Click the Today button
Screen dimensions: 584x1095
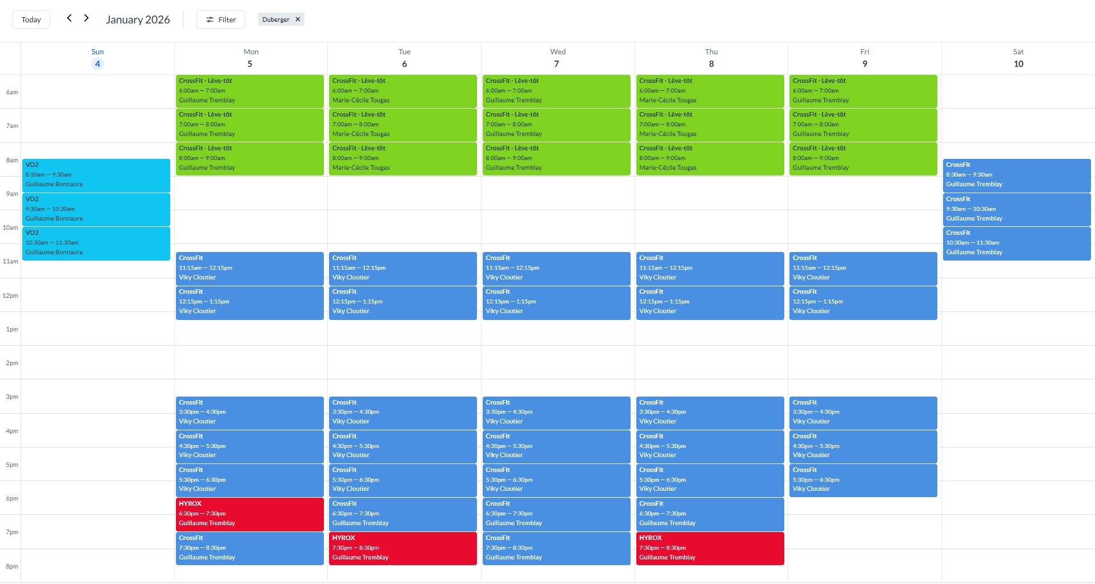[x=31, y=19]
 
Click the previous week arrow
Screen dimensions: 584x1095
[x=69, y=18]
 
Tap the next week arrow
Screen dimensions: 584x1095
[x=86, y=18]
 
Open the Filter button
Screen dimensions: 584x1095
[x=220, y=19]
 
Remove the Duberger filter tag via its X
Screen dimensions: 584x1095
[x=298, y=19]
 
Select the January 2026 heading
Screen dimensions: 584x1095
[x=138, y=19]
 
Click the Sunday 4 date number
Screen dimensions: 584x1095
[x=98, y=63]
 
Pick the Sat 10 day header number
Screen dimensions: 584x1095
[x=1018, y=63]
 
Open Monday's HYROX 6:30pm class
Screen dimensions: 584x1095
[x=250, y=514]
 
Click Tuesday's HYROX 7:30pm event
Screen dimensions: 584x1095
[x=403, y=548]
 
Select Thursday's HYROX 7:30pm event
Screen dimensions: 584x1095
[x=709, y=548]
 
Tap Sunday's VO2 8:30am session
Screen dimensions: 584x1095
[x=96, y=175]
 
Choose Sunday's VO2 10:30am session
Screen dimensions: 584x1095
[x=96, y=243]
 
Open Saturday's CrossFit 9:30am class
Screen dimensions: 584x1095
[x=1016, y=209]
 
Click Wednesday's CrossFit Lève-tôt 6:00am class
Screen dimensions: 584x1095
[x=556, y=91]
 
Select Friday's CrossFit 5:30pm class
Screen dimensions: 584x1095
[x=863, y=480]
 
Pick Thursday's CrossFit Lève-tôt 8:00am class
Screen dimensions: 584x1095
[x=709, y=158]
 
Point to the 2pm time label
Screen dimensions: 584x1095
[x=11, y=363]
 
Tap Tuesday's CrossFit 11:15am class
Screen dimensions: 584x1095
[x=403, y=268]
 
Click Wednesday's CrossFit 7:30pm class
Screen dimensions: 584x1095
[x=556, y=548]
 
